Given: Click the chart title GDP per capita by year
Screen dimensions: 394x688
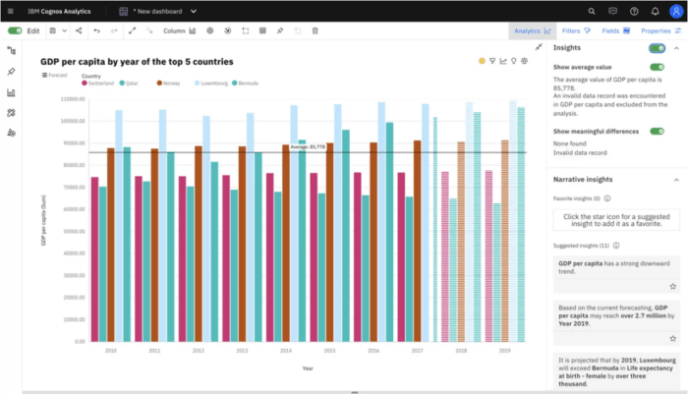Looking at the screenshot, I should point(137,61).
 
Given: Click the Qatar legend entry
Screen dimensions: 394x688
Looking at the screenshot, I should point(132,84).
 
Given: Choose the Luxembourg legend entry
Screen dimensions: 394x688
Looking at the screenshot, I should point(210,84).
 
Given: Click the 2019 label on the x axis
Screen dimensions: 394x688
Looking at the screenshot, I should point(504,350).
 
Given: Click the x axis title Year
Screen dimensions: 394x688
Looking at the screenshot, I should point(308,367).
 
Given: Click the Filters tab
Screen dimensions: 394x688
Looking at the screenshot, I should point(576,30).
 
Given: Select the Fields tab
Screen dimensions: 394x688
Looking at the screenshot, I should point(615,30).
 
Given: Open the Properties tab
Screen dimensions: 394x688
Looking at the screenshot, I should point(660,30).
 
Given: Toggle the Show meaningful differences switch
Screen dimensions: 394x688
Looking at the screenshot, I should point(656,131).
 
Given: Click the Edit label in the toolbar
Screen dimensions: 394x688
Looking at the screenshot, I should point(33,30).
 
